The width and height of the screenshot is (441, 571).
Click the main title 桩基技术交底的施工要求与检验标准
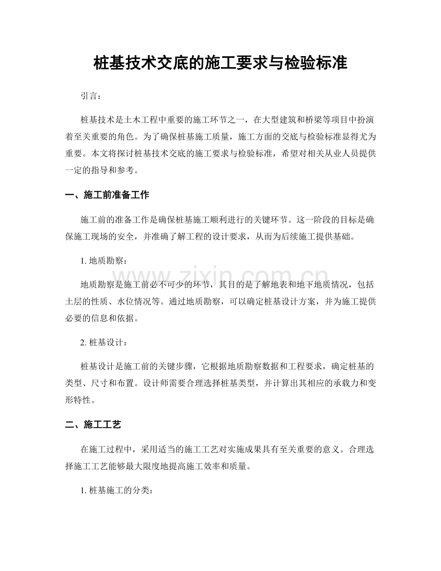coord(220,63)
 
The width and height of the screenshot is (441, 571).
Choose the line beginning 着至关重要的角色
coord(220,136)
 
